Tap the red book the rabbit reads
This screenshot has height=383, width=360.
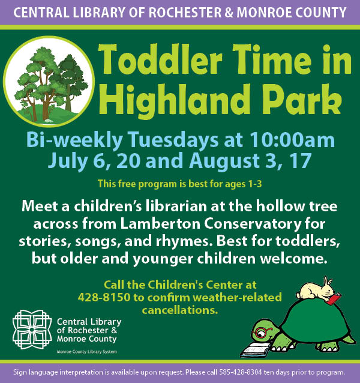point(334,298)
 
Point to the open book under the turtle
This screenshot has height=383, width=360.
point(256,349)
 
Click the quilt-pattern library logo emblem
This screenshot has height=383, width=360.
point(32,330)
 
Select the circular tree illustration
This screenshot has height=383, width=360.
point(49,81)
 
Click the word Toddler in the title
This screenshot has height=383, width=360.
point(160,60)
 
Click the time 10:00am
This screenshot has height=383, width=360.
point(292,140)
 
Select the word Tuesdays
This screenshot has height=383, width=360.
point(173,140)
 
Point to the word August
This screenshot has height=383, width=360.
point(224,161)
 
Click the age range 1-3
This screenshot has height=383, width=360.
point(255,184)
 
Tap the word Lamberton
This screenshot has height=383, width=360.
point(160,223)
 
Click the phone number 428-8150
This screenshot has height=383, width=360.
point(104,297)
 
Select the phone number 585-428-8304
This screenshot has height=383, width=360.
point(241,372)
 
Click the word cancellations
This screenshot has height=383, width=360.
point(180,310)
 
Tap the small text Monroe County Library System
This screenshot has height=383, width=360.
point(86,352)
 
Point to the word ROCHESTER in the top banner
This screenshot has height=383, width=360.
point(185,13)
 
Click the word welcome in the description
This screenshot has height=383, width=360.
point(293,259)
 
